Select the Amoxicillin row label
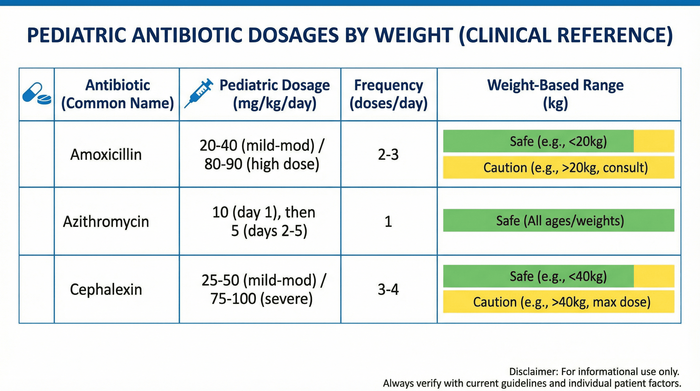pos(106,155)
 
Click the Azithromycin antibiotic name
pos(106,221)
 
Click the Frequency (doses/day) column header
pos(389,94)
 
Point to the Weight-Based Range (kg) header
pos(556,94)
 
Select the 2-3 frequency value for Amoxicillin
pos(388,155)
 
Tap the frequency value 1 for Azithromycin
pos(388,221)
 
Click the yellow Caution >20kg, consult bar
pos(559,167)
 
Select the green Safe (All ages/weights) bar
pos(559,220)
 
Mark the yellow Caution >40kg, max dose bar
pos(559,302)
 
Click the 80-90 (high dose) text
pos(262,164)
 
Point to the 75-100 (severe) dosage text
pos(262,299)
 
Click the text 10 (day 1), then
pos(264,212)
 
